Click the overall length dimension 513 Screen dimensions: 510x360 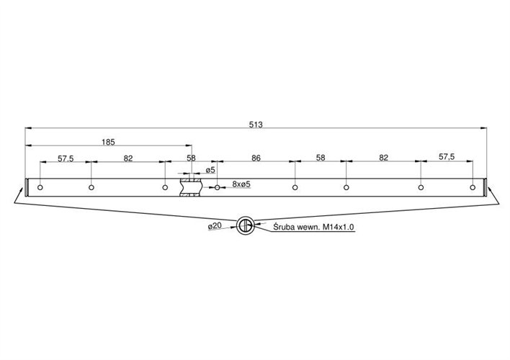[x=256, y=125]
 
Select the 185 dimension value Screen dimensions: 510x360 [x=108, y=142]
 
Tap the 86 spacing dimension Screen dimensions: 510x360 [x=256, y=158]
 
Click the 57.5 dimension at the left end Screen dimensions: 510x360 [x=66, y=158]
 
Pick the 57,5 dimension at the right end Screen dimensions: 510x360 [x=447, y=157]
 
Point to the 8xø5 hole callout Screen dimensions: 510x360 [x=241, y=184]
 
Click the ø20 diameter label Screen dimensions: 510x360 [x=215, y=225]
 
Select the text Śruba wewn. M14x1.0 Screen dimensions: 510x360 [x=313, y=227]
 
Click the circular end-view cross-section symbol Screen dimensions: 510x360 [x=245, y=225]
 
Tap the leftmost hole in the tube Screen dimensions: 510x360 [x=40, y=187]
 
